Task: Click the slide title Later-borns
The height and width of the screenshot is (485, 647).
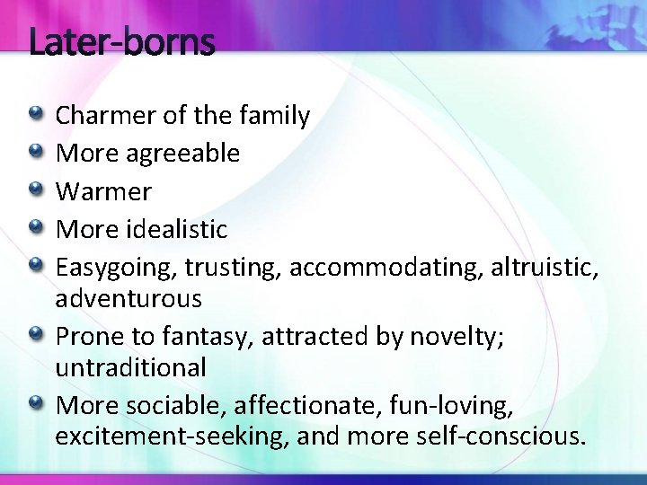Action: point(121,42)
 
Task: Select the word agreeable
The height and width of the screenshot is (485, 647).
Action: point(182,154)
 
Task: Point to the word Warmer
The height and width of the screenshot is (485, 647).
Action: point(103,191)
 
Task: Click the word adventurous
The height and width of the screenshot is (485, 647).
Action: point(129,297)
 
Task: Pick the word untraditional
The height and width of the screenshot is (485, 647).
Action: point(130,367)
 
